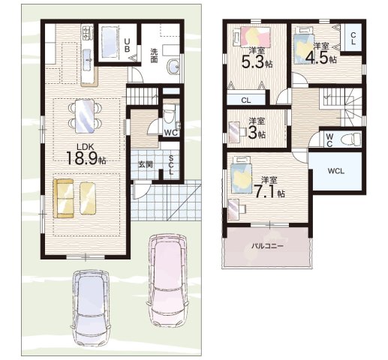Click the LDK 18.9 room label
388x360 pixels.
coord(86,155)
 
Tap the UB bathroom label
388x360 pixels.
coord(127,45)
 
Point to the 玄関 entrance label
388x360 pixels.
coord(146,165)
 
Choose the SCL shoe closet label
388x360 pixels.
coord(171,165)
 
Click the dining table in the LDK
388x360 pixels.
coord(85,116)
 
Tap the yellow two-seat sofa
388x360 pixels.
coord(64,199)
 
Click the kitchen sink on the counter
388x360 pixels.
coord(87,60)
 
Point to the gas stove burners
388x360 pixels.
coord(87,33)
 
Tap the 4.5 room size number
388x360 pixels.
coord(317,58)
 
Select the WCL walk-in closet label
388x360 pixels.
coord(336,171)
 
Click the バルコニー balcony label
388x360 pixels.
coord(267,246)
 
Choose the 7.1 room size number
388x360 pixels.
coord(265,191)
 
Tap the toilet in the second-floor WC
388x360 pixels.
coord(352,138)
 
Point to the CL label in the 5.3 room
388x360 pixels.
coord(246,100)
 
